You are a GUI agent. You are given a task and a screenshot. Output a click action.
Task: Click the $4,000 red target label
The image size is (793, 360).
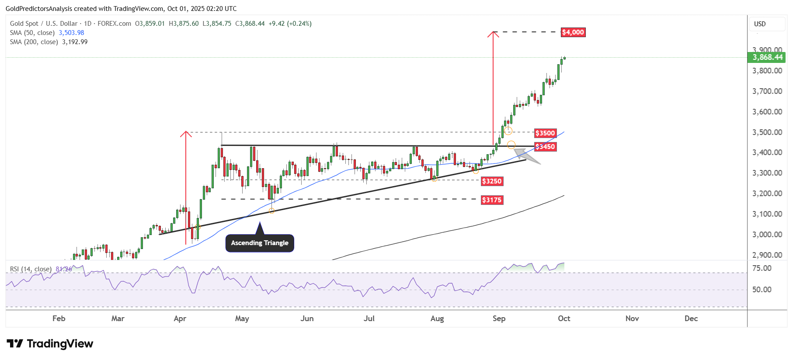click(x=573, y=32)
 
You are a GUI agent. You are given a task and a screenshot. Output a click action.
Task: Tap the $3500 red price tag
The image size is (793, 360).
click(x=545, y=133)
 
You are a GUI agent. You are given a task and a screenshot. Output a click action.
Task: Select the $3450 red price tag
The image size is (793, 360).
click(x=545, y=147)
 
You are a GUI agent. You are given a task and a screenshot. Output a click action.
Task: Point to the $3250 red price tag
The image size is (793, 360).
click(x=492, y=181)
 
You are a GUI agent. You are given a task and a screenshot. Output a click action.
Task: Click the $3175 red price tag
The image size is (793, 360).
click(x=492, y=200)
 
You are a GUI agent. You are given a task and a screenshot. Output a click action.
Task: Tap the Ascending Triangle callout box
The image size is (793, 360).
click(x=260, y=243)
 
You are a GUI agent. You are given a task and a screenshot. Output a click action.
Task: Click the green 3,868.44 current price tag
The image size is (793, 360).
click(x=767, y=57)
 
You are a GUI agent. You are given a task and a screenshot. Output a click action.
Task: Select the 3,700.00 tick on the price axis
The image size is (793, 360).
click(x=767, y=91)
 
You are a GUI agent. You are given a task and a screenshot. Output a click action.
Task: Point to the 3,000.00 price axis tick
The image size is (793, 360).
click(x=767, y=235)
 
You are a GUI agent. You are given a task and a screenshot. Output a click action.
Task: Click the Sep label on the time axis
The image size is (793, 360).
click(x=499, y=318)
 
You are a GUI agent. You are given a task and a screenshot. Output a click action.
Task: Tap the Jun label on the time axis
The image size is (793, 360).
click(x=307, y=318)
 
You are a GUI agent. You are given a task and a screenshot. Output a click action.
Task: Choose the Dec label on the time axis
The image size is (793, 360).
click(x=691, y=318)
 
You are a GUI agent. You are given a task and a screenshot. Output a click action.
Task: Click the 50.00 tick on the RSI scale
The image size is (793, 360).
click(x=762, y=290)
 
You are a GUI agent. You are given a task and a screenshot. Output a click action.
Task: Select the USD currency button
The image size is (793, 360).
click(x=760, y=24)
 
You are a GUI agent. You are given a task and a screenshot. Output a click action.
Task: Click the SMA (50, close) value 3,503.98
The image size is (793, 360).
click(x=71, y=33)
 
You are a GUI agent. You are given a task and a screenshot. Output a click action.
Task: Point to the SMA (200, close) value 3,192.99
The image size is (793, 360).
click(x=75, y=42)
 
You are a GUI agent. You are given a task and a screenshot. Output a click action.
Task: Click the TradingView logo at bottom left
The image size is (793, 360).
click(x=50, y=344)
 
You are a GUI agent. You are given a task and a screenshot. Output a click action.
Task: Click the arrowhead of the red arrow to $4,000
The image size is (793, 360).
click(x=493, y=34)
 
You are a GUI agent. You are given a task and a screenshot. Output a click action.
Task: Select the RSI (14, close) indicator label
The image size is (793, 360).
click(x=31, y=269)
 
